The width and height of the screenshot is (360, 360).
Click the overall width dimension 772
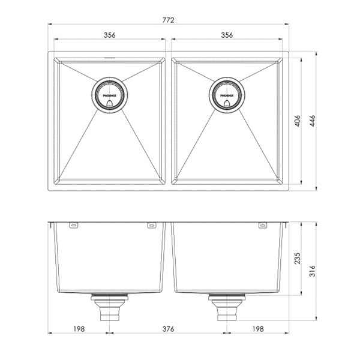(169, 20)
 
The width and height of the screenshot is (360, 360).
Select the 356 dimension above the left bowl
(109, 35)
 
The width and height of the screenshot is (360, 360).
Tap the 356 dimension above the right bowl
(226, 35)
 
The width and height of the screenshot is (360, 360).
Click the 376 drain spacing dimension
(168, 329)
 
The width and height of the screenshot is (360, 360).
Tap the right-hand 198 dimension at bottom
(257, 329)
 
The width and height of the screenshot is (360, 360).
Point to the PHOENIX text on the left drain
(109, 95)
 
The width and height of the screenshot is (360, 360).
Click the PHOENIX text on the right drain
(226, 95)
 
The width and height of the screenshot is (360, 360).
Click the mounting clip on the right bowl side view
(262, 226)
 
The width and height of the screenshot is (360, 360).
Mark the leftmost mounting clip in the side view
(74, 226)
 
